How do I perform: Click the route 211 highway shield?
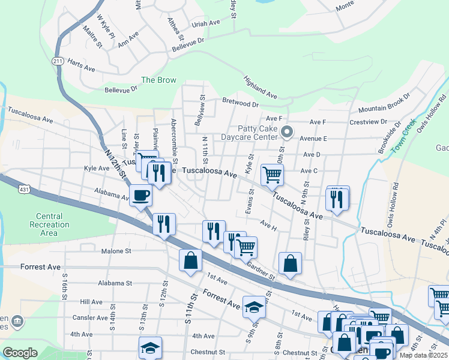click(x=58, y=61)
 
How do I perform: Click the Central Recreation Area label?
click(x=49, y=224)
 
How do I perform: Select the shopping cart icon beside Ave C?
click(x=272, y=175)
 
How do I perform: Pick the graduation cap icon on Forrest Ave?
click(x=254, y=307)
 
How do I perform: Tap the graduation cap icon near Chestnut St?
click(x=150, y=347)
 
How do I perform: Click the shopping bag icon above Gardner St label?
click(x=290, y=262)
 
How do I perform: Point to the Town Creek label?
click(x=403, y=136)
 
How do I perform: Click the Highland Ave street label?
click(x=260, y=88)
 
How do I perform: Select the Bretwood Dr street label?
click(x=240, y=103)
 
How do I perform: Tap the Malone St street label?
click(x=116, y=251)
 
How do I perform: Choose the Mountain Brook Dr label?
click(x=384, y=103)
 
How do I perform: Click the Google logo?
click(x=20, y=353)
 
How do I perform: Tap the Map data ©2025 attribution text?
click(x=423, y=355)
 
